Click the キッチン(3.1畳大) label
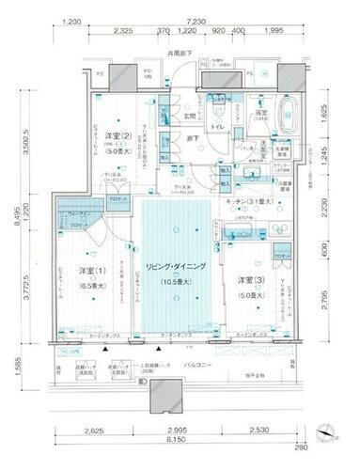tap(249, 202)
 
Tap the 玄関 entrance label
tap(188, 116)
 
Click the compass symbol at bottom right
tap(326, 431)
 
